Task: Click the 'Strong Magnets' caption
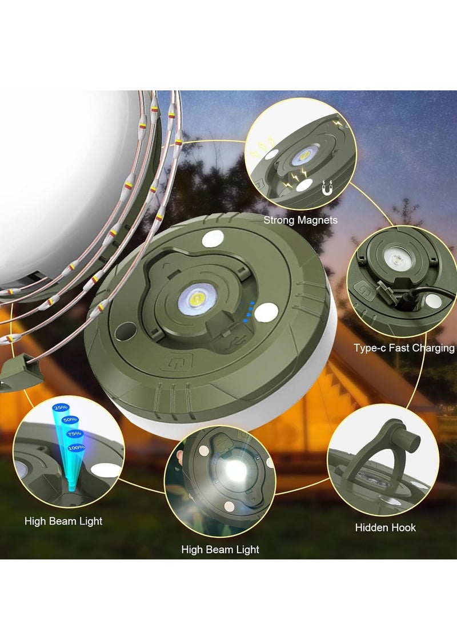300,220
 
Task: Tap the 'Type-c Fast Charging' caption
404,348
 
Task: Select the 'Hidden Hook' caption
386,527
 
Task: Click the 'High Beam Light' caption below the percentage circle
63,521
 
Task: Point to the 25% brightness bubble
59,408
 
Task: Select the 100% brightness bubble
75,447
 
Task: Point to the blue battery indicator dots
247,312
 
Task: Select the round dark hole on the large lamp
122,331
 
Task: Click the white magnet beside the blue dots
266,312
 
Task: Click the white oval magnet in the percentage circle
106,470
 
